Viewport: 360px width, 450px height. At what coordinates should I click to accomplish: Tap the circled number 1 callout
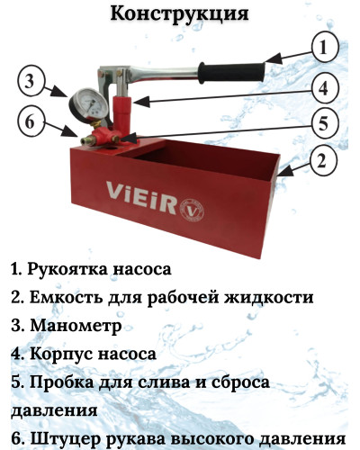point(326,45)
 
